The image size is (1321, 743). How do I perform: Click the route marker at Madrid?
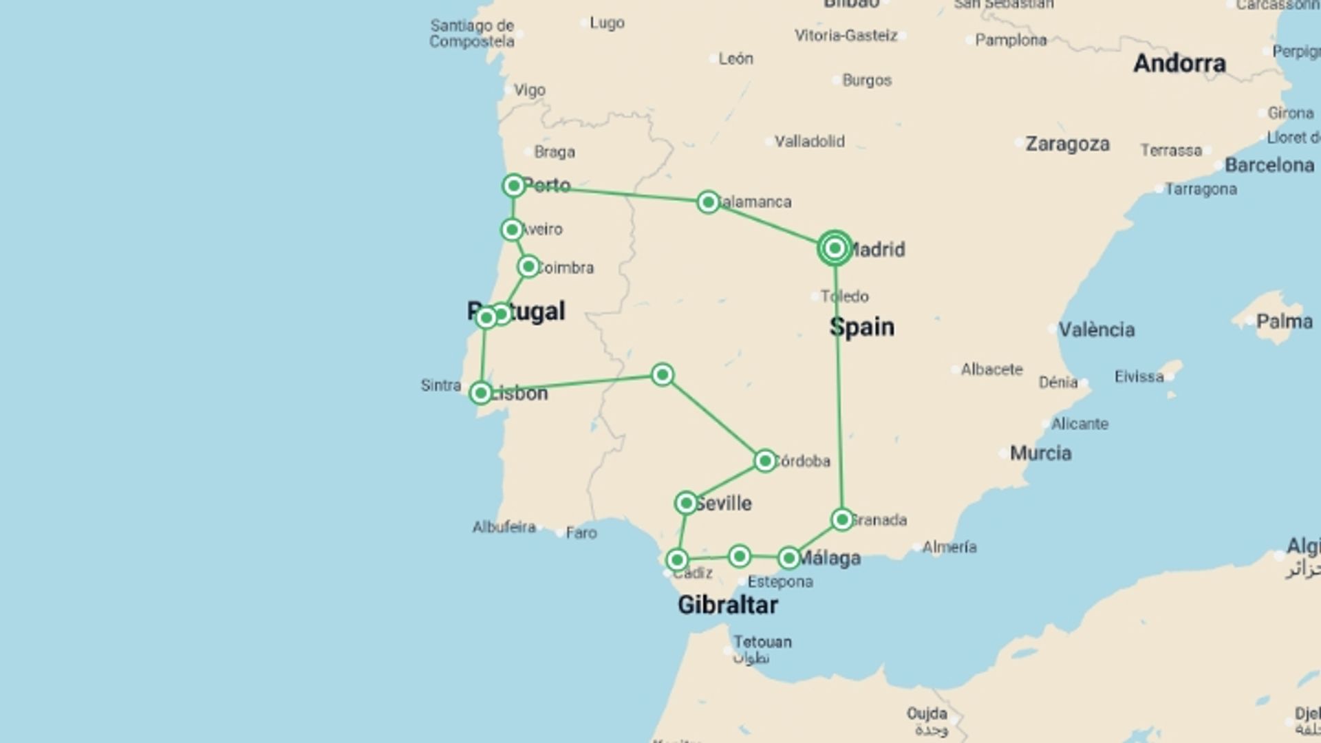[x=835, y=248]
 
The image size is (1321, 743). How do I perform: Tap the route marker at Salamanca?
[x=708, y=202]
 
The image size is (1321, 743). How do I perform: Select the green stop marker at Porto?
[x=513, y=186]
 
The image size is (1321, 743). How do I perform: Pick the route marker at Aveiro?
[x=511, y=229]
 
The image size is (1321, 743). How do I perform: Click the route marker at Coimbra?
[x=528, y=266]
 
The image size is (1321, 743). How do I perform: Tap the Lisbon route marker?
[x=480, y=393]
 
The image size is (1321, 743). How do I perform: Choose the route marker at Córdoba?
[x=764, y=461]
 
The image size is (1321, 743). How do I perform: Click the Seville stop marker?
[x=686, y=503]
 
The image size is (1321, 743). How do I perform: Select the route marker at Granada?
[x=842, y=519]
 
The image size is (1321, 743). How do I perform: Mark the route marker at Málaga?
[x=789, y=558]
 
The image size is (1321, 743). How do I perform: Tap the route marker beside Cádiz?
[x=678, y=559]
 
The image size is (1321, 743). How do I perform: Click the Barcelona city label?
[x=1269, y=165]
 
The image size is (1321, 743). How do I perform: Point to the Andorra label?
[x=1179, y=63]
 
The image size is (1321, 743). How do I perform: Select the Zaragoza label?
[x=1067, y=144]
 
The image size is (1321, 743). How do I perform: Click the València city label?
[x=1096, y=330]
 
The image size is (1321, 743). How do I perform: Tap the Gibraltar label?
[x=727, y=605]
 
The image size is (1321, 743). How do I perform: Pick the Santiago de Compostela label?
[x=472, y=33]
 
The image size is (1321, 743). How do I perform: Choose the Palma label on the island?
[x=1284, y=321]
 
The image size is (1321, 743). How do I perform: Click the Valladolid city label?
[x=809, y=141]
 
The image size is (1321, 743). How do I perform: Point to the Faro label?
[x=581, y=532]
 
